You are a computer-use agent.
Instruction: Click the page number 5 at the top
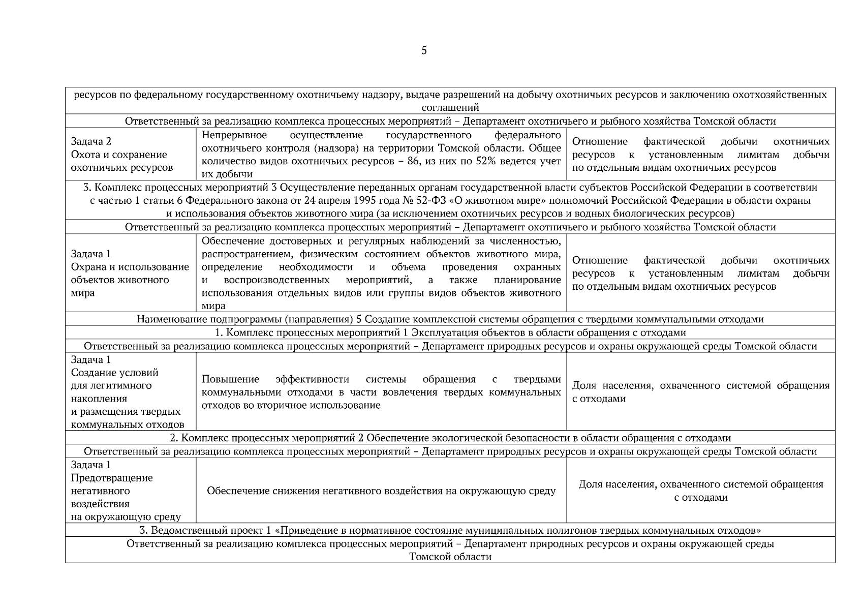(424, 50)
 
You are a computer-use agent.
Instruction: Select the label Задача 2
(91, 142)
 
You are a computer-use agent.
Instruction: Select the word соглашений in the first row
(450, 108)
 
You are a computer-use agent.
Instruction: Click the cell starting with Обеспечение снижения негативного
(381, 491)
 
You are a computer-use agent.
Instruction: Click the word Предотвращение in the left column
(112, 478)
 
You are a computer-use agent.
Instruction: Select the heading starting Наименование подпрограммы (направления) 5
(450, 320)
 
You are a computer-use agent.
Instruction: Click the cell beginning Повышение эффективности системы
(381, 392)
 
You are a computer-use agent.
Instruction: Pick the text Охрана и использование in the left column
(130, 267)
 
